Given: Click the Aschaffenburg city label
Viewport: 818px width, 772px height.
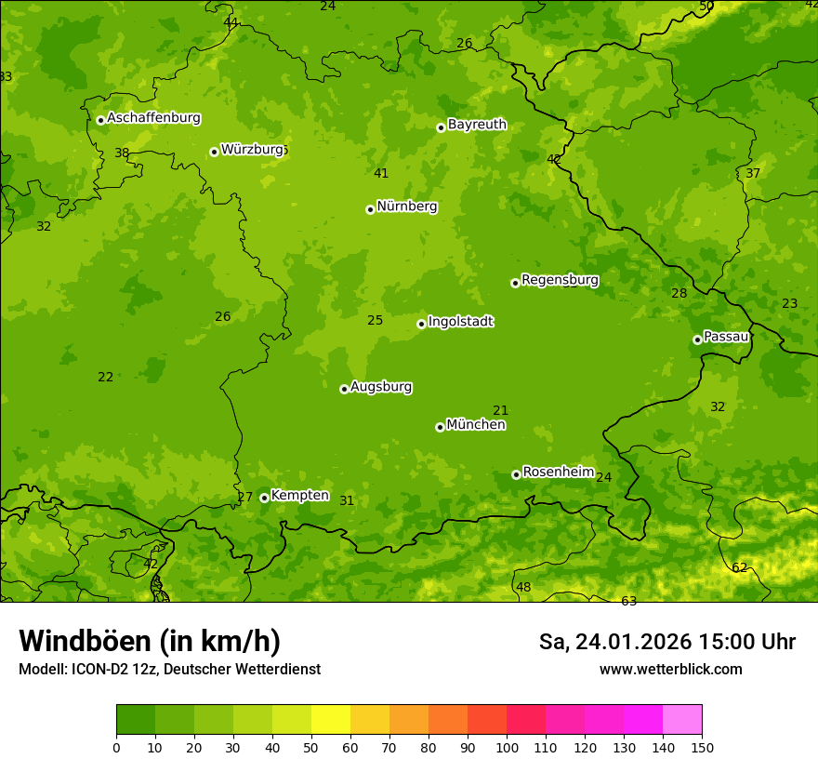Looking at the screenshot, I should click(153, 118).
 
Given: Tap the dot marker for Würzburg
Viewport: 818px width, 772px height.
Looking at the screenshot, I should click(214, 152).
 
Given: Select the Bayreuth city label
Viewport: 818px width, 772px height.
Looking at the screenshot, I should click(477, 124).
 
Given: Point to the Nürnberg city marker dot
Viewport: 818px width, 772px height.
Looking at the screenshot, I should click(370, 209).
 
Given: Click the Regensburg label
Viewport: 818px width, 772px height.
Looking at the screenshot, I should click(560, 279).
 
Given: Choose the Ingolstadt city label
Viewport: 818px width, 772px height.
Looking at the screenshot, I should click(460, 321).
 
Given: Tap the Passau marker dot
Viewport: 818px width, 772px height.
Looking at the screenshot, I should click(697, 339).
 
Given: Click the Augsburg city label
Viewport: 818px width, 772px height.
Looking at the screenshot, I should click(381, 386).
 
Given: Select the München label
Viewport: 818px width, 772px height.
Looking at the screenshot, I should click(476, 424).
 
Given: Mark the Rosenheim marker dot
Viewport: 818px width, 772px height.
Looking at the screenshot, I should click(516, 474).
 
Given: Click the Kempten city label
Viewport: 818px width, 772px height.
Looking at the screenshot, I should click(299, 495).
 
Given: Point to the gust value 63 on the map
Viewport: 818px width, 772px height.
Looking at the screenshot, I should click(629, 601).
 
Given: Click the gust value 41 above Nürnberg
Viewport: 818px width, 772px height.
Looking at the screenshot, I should click(381, 173).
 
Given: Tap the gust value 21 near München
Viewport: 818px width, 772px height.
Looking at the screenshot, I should click(500, 410).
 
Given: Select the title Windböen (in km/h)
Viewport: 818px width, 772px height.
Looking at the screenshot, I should click(150, 641).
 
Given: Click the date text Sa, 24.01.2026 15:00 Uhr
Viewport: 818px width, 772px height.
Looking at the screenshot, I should click(667, 642).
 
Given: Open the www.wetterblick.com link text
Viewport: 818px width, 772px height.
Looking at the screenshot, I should click(670, 669).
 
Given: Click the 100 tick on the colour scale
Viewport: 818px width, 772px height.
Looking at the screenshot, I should click(507, 747).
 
